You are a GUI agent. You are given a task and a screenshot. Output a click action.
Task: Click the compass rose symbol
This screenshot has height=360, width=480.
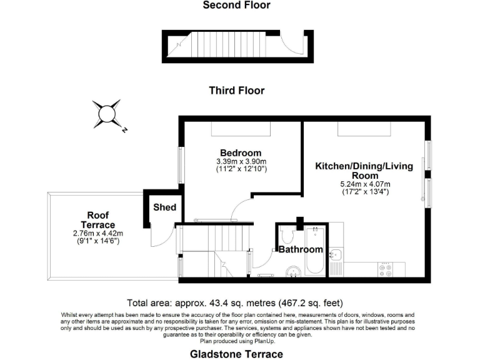(107, 114)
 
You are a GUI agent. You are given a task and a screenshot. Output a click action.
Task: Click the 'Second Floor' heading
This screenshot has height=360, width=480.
(236, 6)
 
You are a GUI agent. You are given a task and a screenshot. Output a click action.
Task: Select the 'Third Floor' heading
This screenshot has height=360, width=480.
(236, 91)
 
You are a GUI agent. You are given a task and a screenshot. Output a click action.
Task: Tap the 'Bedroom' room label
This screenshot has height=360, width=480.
(241, 153)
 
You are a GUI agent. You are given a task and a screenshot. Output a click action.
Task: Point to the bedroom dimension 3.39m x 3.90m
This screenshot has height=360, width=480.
(241, 161)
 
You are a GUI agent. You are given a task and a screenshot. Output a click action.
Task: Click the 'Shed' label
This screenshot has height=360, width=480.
(165, 207)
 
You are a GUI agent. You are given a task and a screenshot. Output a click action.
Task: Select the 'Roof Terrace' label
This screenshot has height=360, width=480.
(99, 220)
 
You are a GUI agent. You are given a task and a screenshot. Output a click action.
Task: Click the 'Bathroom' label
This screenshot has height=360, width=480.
(301, 249)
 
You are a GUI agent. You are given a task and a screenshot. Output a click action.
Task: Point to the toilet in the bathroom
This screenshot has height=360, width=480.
(288, 236)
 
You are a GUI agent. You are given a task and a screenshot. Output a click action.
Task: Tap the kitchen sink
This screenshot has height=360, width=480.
(335, 256)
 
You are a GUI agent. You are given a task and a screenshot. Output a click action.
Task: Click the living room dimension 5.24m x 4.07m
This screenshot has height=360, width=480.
(365, 184)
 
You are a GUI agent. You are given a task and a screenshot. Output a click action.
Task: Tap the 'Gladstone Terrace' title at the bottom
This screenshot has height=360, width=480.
(236, 354)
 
